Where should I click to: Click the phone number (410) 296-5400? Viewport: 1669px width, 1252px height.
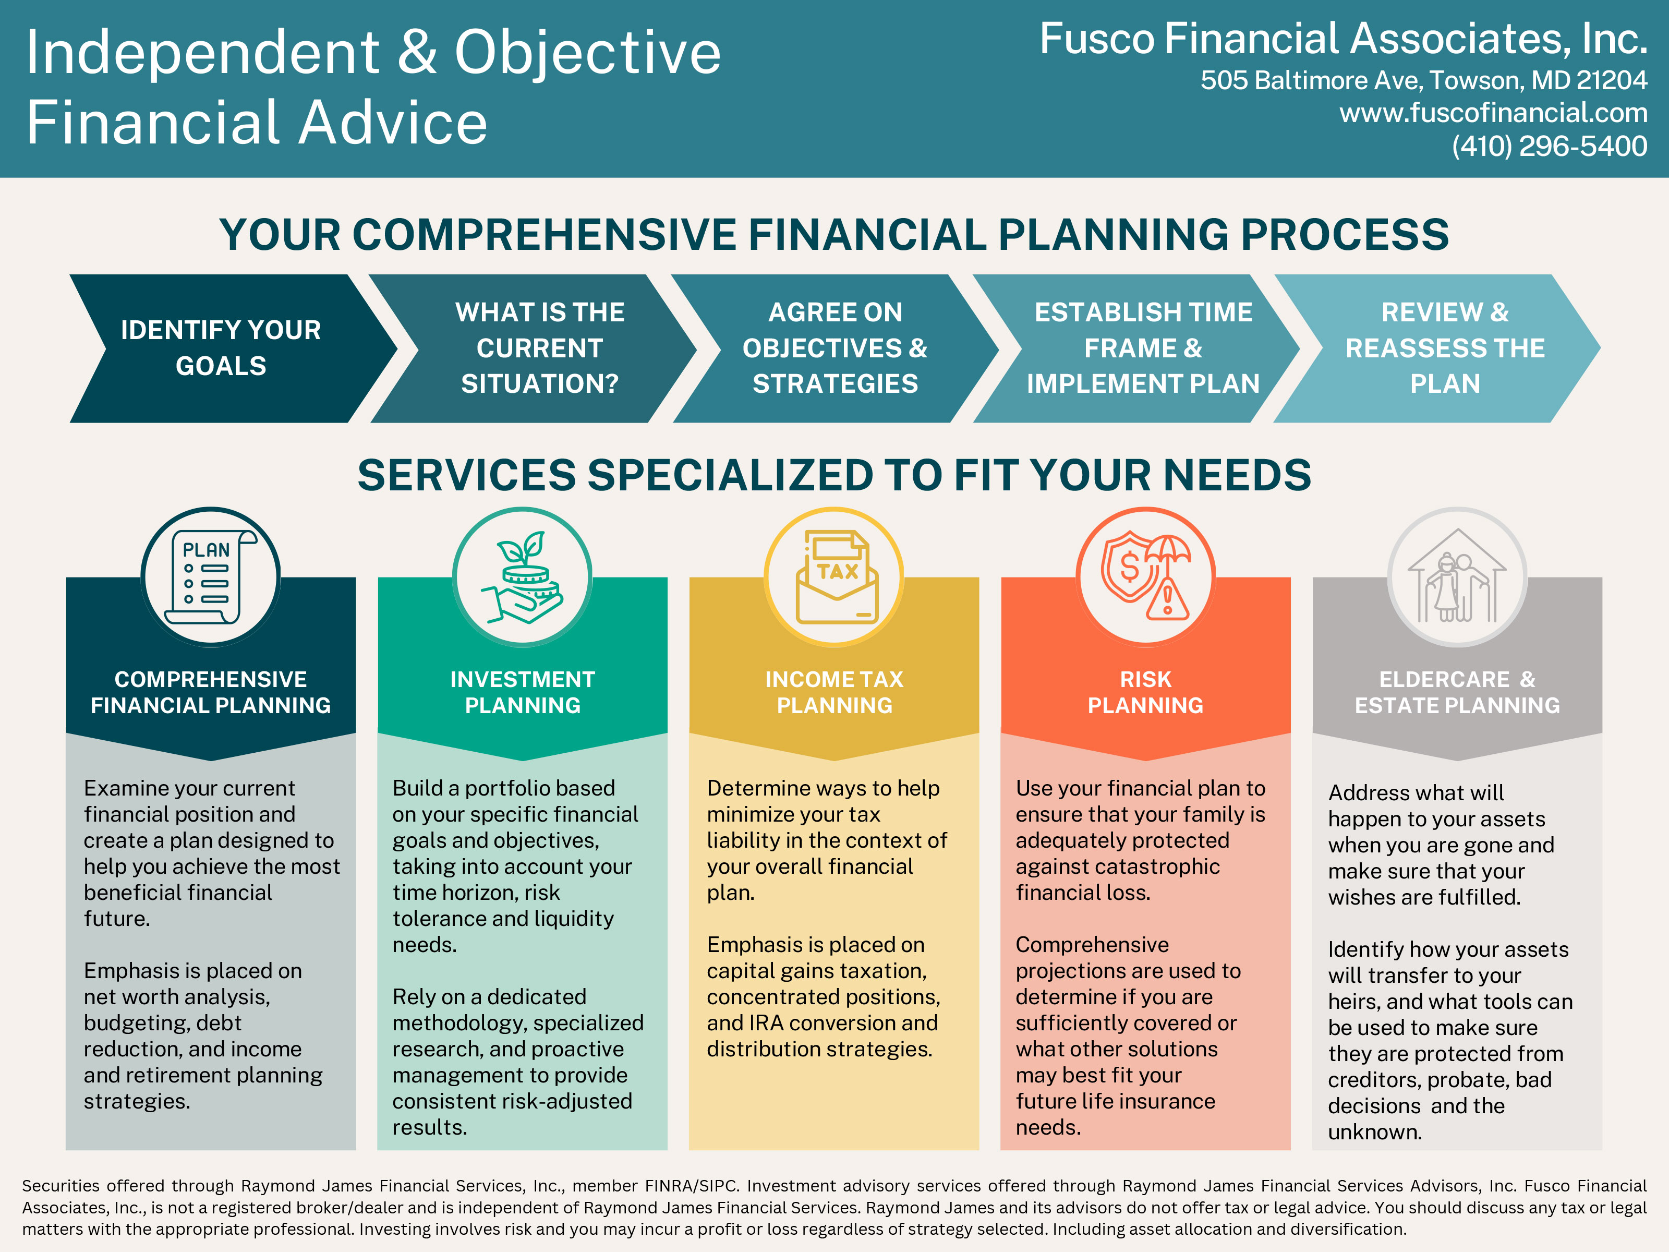click(x=1549, y=146)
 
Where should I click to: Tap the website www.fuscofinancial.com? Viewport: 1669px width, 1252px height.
click(x=1493, y=113)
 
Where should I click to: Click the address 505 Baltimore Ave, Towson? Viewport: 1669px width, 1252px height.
click(x=1362, y=80)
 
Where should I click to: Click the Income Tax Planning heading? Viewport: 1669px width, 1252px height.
click(x=835, y=692)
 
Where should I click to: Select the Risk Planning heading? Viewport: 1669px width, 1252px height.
click(x=1145, y=692)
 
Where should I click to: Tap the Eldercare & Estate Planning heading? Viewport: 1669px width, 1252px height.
click(x=1457, y=692)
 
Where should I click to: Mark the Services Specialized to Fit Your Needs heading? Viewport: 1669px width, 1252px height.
click(x=835, y=475)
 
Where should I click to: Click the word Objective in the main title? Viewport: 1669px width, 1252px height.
click(x=588, y=53)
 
